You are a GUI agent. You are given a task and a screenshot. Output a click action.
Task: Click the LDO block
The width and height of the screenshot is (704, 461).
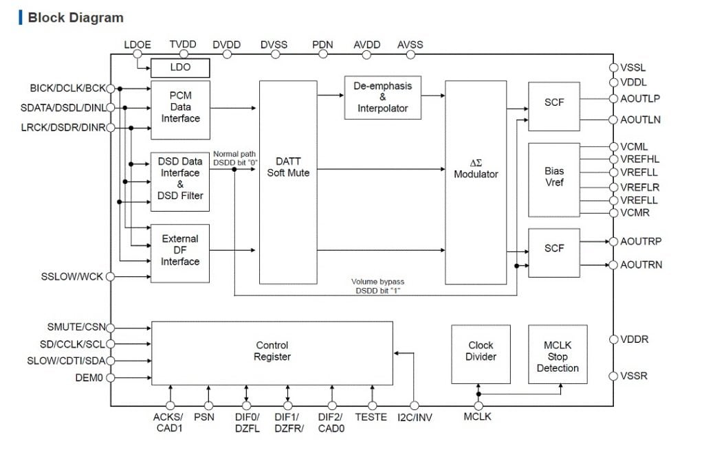click(180, 67)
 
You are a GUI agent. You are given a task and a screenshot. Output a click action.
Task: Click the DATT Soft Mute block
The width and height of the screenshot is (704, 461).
click(288, 182)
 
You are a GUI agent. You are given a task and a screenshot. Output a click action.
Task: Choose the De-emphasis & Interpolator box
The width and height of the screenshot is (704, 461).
click(382, 97)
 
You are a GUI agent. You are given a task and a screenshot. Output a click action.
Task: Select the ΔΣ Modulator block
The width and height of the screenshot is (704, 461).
click(476, 182)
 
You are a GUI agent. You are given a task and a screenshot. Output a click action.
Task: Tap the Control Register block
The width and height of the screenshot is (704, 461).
click(272, 352)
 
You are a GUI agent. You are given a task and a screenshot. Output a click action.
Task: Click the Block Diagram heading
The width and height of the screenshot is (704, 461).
click(75, 18)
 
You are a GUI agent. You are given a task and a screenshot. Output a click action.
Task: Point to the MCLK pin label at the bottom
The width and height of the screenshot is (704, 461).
click(478, 417)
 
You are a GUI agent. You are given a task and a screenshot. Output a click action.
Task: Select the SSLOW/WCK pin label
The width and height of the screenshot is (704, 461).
click(71, 277)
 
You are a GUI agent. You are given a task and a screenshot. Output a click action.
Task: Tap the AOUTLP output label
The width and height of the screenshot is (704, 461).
click(640, 99)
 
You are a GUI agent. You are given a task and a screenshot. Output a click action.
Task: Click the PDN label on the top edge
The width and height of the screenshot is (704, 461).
click(322, 45)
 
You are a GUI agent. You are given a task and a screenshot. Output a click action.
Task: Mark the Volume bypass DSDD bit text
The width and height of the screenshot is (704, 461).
click(377, 286)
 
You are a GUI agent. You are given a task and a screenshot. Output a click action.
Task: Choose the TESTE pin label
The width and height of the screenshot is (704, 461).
click(371, 417)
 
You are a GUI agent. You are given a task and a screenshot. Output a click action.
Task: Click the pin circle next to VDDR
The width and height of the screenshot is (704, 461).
click(613, 339)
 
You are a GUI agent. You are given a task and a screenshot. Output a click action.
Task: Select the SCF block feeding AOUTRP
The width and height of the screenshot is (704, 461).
click(554, 249)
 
